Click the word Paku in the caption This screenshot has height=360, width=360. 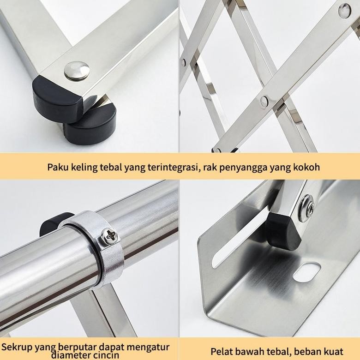58,167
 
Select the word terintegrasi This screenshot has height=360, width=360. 173,167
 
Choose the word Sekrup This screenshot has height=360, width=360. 17,347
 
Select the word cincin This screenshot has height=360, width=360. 106,355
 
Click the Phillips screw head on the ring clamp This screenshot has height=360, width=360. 111,236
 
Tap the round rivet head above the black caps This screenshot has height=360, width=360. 77,71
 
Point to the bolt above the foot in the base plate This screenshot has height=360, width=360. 308,206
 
